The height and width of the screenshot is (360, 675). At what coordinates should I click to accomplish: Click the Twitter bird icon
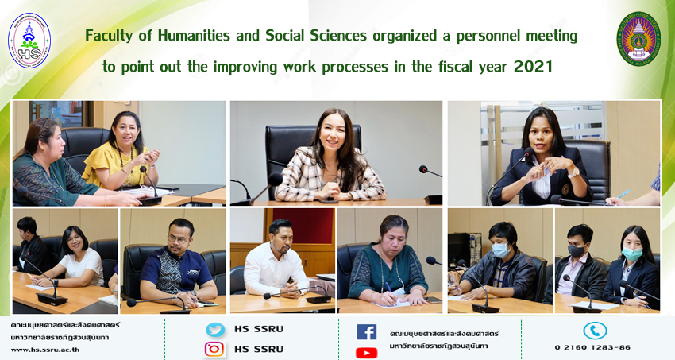(x=215, y=330)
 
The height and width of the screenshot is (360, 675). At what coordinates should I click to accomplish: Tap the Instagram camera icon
(x=214, y=349)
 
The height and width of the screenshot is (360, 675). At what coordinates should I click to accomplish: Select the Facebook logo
(x=366, y=332)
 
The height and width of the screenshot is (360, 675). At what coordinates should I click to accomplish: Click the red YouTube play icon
(x=366, y=353)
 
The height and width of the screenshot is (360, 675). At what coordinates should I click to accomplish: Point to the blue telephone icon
(x=595, y=331)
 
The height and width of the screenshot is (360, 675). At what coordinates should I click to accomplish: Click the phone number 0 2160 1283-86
(x=592, y=347)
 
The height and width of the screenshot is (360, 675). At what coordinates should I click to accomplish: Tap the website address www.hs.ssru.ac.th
(x=45, y=350)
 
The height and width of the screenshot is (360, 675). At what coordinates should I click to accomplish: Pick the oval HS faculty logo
(x=29, y=41)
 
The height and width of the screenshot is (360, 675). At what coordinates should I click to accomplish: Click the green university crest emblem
(x=638, y=39)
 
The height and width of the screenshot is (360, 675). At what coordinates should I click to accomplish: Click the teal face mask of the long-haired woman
(x=632, y=254)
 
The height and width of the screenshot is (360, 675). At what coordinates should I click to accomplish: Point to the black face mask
(x=577, y=250)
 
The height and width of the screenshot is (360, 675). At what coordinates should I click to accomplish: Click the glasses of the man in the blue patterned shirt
(x=178, y=238)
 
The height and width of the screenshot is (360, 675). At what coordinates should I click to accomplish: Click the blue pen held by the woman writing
(x=389, y=288)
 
